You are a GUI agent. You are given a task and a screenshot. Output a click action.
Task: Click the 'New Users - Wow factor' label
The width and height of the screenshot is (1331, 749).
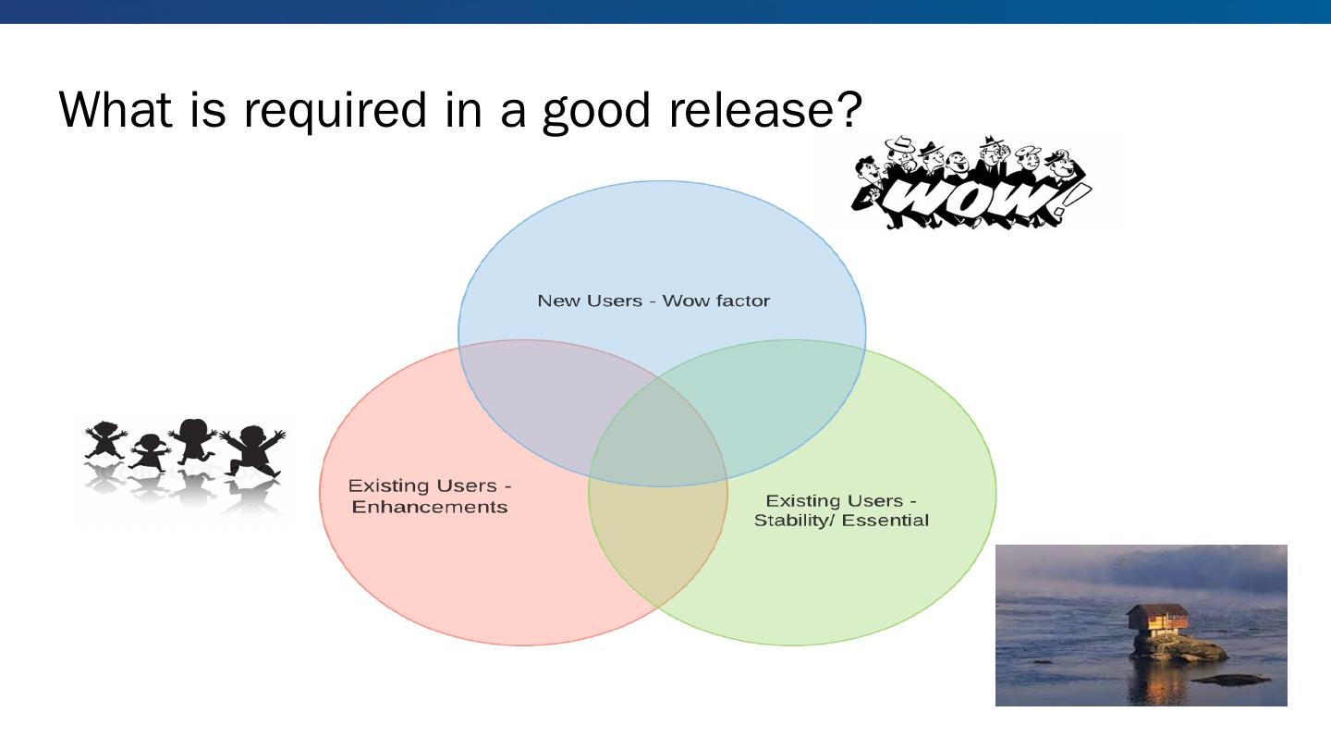pos(653,301)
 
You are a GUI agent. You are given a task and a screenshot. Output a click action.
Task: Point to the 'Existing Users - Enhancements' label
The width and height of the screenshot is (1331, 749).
pos(430,497)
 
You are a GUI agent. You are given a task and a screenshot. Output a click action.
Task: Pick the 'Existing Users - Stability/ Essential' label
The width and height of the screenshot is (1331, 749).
pos(841,510)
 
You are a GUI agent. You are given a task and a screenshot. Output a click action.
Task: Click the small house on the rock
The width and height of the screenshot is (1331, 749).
pos(1157,621)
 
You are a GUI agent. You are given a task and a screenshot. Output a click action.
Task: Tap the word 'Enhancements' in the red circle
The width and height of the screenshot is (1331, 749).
pos(430,508)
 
